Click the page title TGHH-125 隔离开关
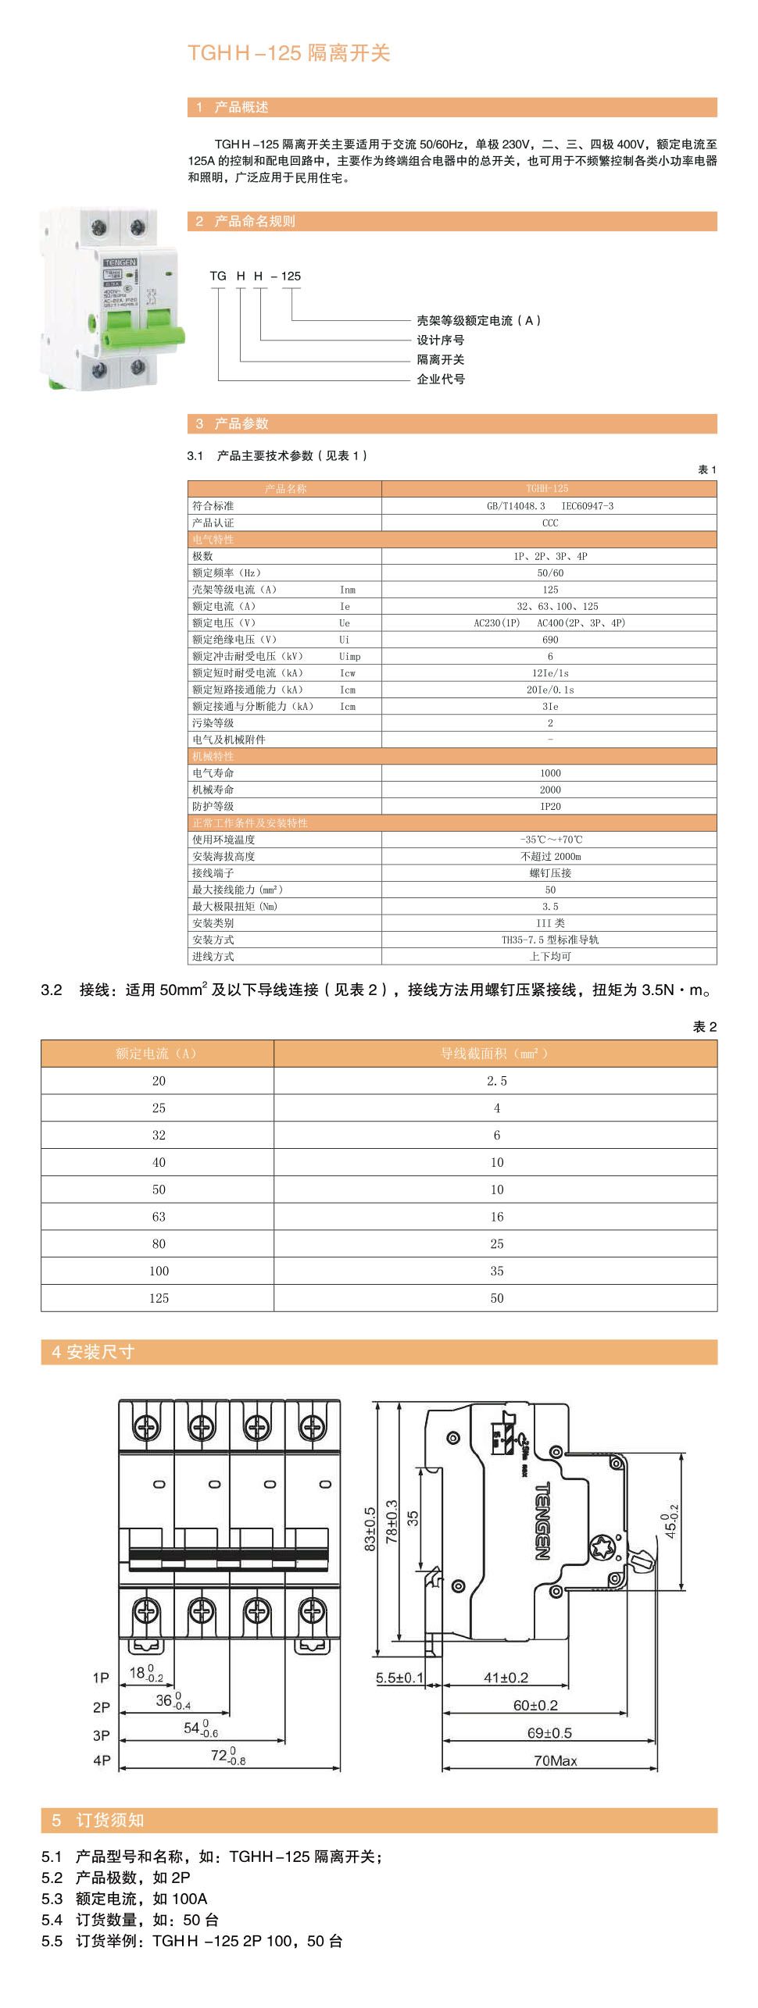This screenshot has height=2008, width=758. [x=288, y=53]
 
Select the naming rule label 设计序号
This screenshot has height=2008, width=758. [x=440, y=340]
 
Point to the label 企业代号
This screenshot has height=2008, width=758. [x=440, y=379]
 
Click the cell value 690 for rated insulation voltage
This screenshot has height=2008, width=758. [x=550, y=640]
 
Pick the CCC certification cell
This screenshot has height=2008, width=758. [x=550, y=523]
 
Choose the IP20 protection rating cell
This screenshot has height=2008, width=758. [x=550, y=806]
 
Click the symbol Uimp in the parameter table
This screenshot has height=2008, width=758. [x=349, y=657]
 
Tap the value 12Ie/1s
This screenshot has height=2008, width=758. [x=550, y=673]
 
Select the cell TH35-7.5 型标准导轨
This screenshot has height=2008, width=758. [x=550, y=940]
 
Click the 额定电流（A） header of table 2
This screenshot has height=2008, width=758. [x=157, y=1054]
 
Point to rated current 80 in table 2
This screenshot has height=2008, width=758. [x=159, y=1243]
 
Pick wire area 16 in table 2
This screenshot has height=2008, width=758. [x=497, y=1217]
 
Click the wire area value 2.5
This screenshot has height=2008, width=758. [x=497, y=1081]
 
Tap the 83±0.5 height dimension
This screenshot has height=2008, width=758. [x=370, y=1528]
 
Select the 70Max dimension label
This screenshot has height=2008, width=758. [x=555, y=1760]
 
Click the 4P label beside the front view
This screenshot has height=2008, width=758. [x=102, y=1760]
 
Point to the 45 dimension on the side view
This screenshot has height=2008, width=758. [x=670, y=1521]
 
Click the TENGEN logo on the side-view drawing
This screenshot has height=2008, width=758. [x=542, y=1521]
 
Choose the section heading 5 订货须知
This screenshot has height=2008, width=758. [x=98, y=1821]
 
